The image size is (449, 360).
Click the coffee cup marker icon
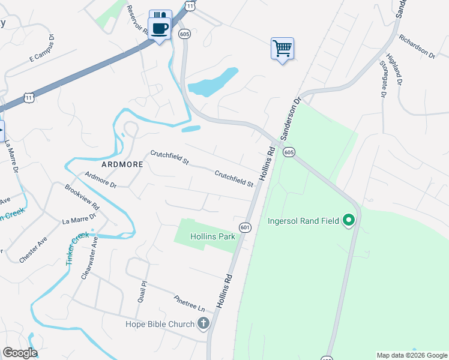tap(160, 28)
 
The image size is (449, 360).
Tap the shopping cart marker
tap(282, 47)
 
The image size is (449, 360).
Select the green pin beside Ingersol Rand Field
tap(348, 221)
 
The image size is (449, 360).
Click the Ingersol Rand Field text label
tap(303, 221)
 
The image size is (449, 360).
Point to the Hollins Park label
tap(212, 236)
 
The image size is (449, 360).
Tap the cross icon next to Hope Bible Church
tap(203, 324)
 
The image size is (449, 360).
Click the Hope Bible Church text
tap(160, 325)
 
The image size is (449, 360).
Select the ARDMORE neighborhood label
tap(122, 164)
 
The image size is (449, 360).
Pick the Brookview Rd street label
tap(83, 196)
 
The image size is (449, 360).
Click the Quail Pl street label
tap(142, 291)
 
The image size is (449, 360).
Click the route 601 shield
tap(245, 227)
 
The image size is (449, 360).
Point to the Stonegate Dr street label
tap(382, 79)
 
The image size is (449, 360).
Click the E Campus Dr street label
tap(42, 49)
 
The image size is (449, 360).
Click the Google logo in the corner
tap(19, 352)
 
